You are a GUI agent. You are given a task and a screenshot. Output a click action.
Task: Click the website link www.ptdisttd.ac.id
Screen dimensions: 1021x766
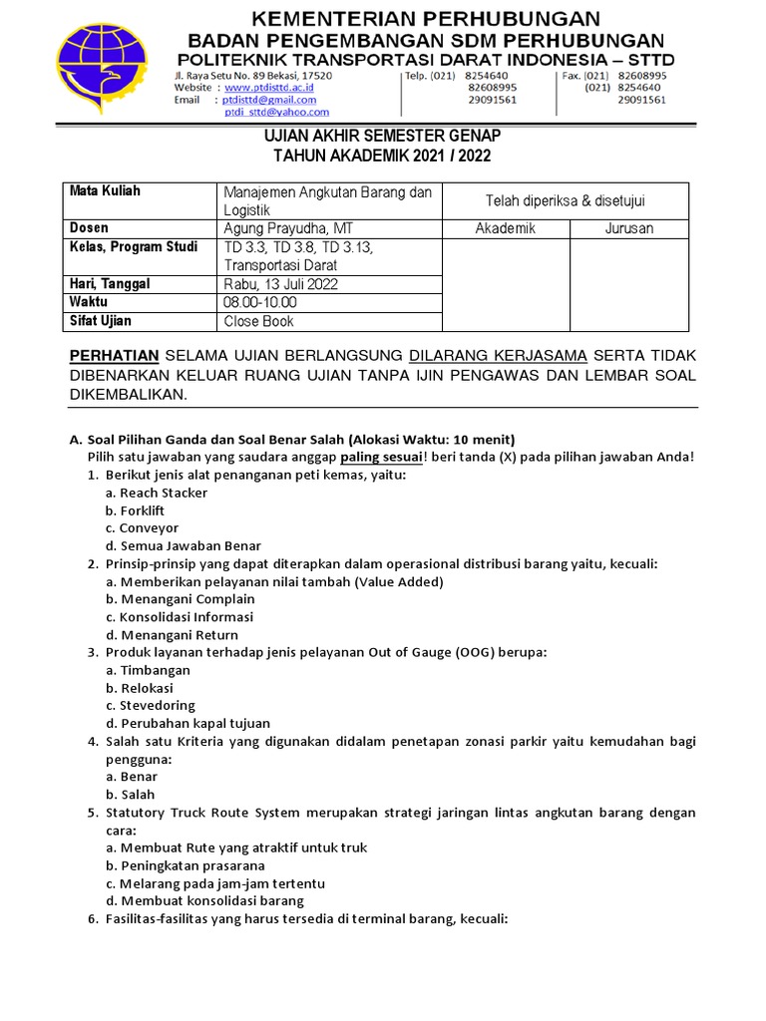point(269,88)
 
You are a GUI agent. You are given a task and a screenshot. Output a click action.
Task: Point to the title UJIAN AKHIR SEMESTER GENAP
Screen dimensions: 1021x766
point(383,136)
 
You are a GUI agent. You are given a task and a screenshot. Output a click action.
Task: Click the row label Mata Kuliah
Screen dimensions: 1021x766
point(105,191)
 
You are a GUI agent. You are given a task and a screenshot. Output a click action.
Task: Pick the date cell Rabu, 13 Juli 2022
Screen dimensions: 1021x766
point(281,284)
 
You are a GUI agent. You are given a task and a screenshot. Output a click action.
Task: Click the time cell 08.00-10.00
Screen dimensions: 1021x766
point(260,302)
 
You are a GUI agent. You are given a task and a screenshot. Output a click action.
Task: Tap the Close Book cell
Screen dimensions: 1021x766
point(259,321)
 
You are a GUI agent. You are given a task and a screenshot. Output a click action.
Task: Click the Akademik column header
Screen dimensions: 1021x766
point(505,228)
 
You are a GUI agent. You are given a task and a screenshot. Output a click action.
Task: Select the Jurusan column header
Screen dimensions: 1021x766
point(628,228)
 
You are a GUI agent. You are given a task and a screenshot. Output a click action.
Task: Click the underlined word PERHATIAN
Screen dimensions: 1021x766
point(114,356)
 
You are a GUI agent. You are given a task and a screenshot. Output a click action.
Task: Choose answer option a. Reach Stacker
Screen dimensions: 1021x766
point(157,493)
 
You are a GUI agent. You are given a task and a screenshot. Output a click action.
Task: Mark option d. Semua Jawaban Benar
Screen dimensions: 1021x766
point(184,545)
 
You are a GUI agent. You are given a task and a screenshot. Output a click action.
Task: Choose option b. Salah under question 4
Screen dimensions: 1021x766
point(131,795)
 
